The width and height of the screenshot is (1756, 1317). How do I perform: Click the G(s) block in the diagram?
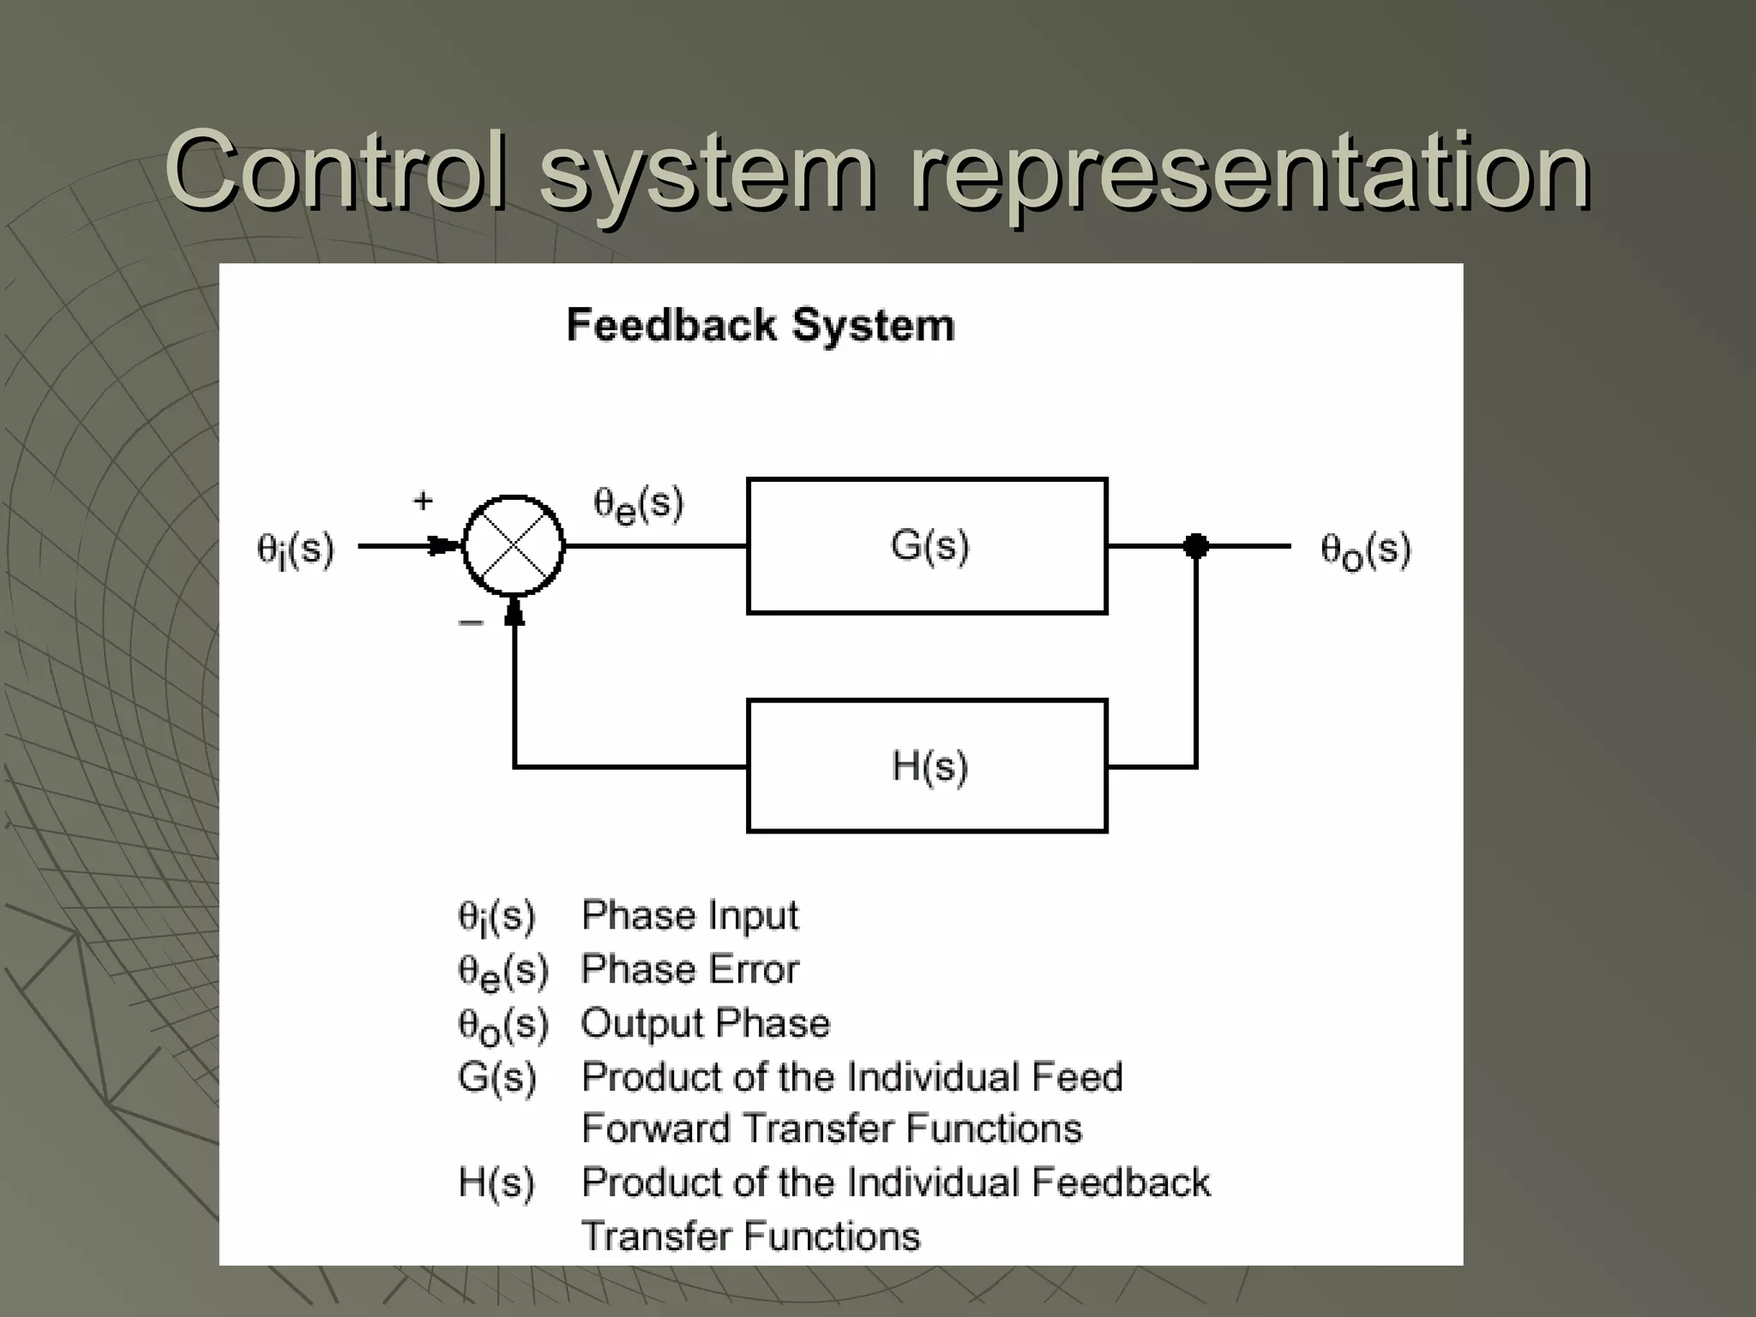[x=927, y=546]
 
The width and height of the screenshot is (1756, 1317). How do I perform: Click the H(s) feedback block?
[x=927, y=766]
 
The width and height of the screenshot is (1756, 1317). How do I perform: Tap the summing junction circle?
[x=514, y=545]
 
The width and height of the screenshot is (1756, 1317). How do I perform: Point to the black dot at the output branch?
[x=1195, y=545]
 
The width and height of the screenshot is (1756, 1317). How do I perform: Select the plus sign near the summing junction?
[x=423, y=501]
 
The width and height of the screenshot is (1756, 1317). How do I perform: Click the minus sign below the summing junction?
[x=471, y=622]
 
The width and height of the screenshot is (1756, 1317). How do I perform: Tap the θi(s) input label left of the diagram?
[x=295, y=550]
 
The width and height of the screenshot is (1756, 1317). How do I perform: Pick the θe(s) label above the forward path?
[x=639, y=504]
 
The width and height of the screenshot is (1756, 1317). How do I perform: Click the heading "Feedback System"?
[x=761, y=326]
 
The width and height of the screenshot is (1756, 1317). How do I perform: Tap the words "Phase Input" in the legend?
[x=689, y=916]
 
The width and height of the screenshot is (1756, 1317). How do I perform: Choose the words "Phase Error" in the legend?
[x=689, y=970]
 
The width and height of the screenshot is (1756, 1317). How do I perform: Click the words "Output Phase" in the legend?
[x=706, y=1024]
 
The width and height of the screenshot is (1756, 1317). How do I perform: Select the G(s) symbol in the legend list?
[x=496, y=1078]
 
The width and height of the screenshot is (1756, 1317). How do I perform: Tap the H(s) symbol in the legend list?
[x=496, y=1183]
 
